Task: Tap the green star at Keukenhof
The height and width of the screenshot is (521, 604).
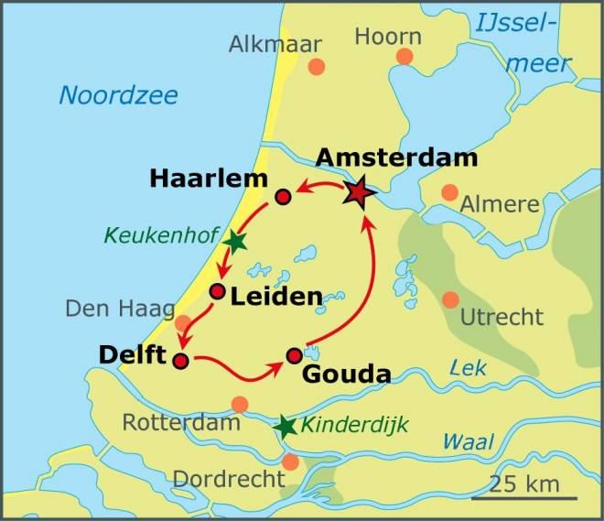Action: point(235,241)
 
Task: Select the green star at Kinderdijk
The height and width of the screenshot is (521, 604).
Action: point(286,426)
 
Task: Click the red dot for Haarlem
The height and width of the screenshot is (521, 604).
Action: point(283,196)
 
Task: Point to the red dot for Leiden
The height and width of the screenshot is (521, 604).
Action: point(217,292)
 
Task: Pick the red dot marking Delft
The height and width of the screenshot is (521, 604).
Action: point(180,360)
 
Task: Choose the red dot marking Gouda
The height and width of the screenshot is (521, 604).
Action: point(294,355)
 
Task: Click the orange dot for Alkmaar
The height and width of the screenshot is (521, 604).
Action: point(316,66)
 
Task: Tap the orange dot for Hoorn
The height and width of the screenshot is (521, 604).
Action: point(404,57)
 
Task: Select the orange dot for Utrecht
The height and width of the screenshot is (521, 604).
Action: point(450,299)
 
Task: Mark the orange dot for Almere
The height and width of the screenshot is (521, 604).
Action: point(449,192)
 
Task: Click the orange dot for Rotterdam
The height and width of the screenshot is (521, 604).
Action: point(240,404)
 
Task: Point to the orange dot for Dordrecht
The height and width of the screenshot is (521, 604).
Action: point(290,461)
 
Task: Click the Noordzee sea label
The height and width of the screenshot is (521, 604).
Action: point(118,95)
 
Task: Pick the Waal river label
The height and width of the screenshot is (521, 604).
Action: point(468,441)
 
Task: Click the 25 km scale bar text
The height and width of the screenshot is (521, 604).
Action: point(525,482)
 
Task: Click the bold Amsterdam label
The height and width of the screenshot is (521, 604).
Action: point(396,157)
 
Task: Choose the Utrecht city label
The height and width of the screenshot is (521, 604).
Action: point(502,318)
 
